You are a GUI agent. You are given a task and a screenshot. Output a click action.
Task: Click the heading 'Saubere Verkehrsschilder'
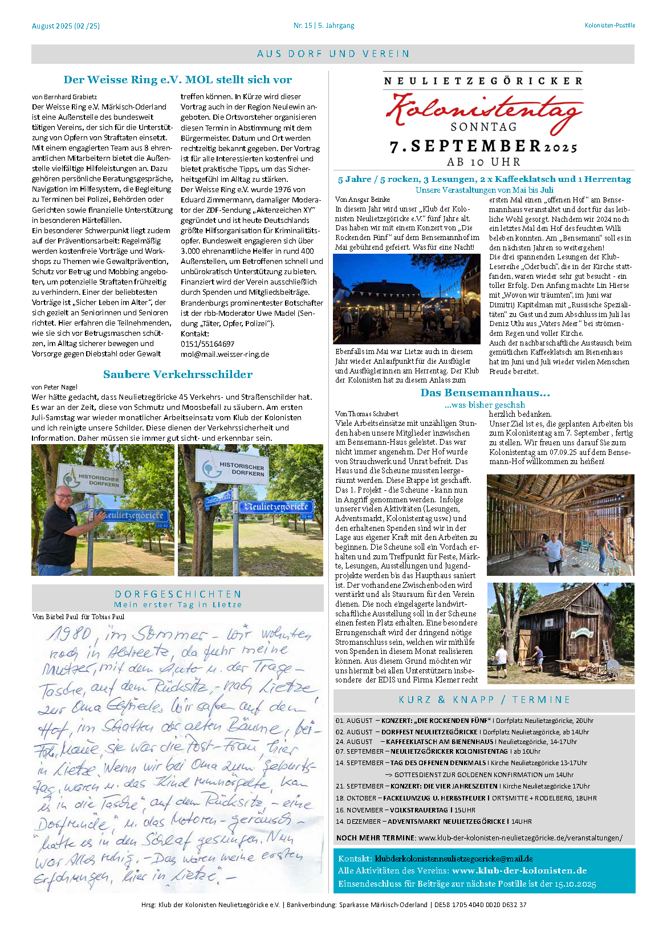click(178, 375)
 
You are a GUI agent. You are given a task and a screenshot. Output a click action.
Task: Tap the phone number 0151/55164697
click(208, 344)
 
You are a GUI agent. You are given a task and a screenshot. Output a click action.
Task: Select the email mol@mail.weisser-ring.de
click(225, 354)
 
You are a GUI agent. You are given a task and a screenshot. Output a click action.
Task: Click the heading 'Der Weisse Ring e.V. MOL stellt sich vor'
click(178, 80)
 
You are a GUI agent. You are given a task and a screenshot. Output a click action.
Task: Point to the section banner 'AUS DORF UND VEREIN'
click(333, 54)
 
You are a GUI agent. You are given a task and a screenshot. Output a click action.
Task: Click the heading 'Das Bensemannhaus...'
click(485, 393)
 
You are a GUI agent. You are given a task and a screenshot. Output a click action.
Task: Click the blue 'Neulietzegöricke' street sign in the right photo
click(276, 507)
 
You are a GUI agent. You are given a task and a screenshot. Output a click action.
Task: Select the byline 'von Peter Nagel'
click(55, 387)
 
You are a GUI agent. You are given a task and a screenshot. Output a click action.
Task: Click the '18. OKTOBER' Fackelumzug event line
click(466, 798)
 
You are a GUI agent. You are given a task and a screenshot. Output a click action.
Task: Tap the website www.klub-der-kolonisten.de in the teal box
click(519, 871)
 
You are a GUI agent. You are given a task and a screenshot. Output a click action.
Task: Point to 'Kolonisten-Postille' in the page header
click(609, 26)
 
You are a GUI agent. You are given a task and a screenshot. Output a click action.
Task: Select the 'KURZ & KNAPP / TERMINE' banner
click(484, 700)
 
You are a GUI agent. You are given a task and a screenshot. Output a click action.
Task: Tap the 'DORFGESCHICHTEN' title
click(178, 594)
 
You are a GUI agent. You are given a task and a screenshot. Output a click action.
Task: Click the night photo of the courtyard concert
click(406, 299)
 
